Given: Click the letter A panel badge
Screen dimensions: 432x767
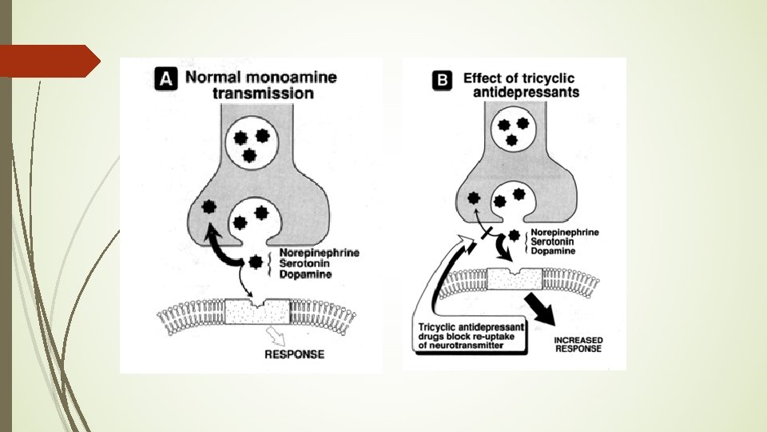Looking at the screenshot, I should coord(165,78).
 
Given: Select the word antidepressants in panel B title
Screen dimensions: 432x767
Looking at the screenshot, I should coord(522,92).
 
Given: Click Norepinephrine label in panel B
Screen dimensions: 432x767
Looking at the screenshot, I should coord(565,233).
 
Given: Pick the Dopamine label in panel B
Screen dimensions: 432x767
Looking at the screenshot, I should coord(552,252).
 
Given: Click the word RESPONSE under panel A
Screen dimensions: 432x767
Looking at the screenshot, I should coord(294,354).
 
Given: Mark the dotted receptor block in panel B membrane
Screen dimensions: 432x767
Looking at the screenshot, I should coord(512,278).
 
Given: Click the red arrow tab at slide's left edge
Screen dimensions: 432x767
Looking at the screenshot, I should coord(50,61).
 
